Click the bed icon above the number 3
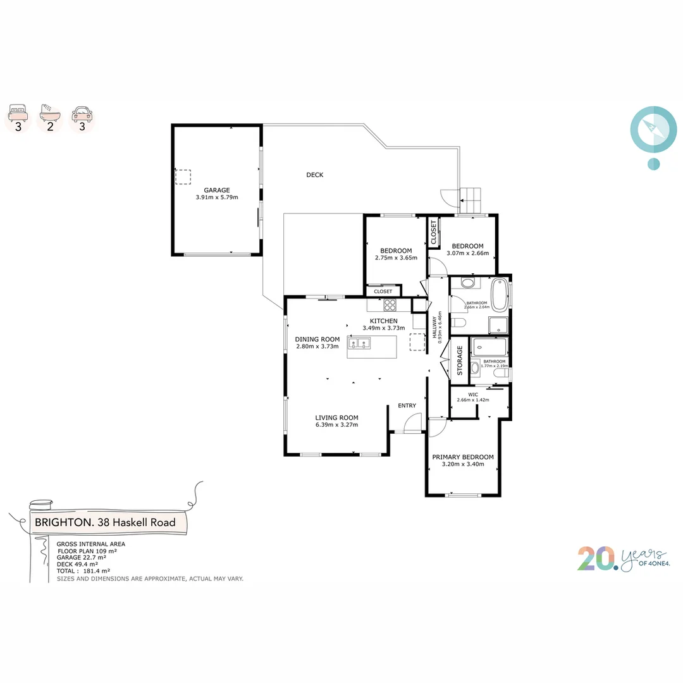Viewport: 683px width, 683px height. click(x=19, y=114)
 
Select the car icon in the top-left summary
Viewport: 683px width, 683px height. click(x=81, y=114)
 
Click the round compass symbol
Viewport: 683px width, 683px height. click(x=653, y=130)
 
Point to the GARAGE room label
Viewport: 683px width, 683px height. click(x=216, y=190)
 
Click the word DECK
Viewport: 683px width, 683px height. click(x=314, y=175)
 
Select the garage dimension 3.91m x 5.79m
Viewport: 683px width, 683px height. click(x=216, y=197)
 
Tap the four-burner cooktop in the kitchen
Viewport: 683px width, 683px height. click(x=390, y=305)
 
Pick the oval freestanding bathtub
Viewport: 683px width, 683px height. click(x=500, y=294)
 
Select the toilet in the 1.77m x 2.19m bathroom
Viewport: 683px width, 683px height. click(x=501, y=376)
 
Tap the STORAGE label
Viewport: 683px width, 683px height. click(x=460, y=360)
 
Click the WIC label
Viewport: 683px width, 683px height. click(x=473, y=394)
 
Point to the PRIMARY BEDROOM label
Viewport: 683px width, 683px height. click(x=462, y=457)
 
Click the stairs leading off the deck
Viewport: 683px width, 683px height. click(x=472, y=201)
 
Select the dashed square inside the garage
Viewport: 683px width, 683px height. click(x=183, y=176)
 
